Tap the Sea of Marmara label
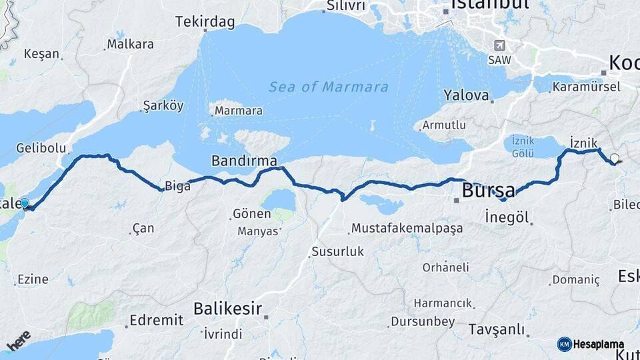pyautogui.click(x=329, y=87)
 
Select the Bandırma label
pyautogui.click(x=244, y=161)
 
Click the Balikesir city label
pyautogui.click(x=227, y=308)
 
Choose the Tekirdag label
pyautogui.click(x=205, y=22)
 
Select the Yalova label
pyautogui.click(x=467, y=95)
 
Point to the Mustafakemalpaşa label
pyautogui.click(x=407, y=229)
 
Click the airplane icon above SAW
pyautogui.click(x=499, y=45)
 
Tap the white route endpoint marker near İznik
pyautogui.click(x=614, y=159)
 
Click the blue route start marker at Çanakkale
pyautogui.click(x=25, y=203)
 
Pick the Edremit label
pyautogui.click(x=156, y=321)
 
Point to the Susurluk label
pyautogui.click(x=337, y=252)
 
